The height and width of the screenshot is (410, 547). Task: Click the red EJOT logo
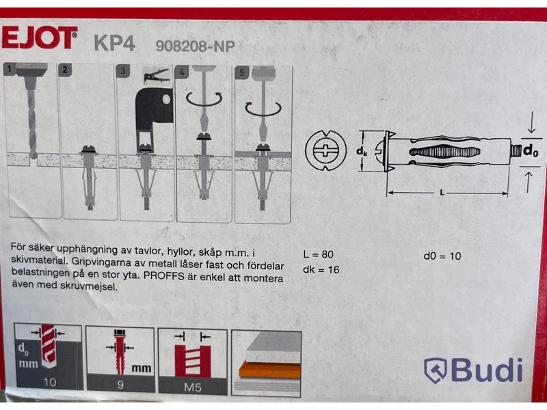[39, 38]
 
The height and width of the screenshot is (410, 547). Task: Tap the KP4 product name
[114, 44]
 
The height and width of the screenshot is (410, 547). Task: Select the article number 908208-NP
[196, 46]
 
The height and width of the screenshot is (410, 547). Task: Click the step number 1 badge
[10, 69]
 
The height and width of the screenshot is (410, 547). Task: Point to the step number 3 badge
[122, 71]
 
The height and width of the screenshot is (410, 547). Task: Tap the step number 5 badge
[241, 73]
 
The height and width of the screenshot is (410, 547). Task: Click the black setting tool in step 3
[153, 111]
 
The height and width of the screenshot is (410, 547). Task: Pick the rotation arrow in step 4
[204, 99]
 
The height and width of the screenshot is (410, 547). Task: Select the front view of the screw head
[325, 150]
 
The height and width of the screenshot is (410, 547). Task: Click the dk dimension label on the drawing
[362, 151]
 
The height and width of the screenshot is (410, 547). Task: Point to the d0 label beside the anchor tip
[531, 150]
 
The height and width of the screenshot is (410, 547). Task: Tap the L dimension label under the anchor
[442, 193]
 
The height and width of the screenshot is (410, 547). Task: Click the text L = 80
[318, 254]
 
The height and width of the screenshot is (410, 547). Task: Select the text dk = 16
[321, 269]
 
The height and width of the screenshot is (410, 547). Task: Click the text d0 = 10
[442, 256]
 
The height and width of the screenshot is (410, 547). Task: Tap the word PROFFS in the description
[163, 276]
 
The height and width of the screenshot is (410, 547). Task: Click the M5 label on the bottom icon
[193, 387]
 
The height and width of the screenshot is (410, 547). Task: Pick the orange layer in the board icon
[269, 370]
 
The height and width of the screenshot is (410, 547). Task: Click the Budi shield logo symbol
[435, 370]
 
